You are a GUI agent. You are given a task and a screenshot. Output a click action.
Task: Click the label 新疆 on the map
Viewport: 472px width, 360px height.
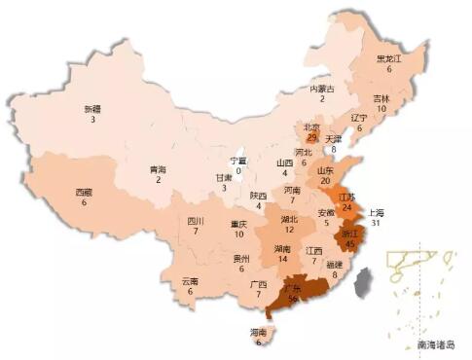(x=91, y=108)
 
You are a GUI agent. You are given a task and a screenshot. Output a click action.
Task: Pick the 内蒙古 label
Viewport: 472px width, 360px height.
(x=323, y=89)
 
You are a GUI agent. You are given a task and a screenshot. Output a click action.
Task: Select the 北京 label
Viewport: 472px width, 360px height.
(x=311, y=126)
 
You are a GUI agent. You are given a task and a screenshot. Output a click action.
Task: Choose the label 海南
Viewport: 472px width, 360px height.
(x=259, y=333)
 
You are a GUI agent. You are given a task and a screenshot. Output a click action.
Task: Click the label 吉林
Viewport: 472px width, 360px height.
(x=381, y=98)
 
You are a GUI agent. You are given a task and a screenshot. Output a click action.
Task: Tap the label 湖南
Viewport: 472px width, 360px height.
(x=283, y=249)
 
